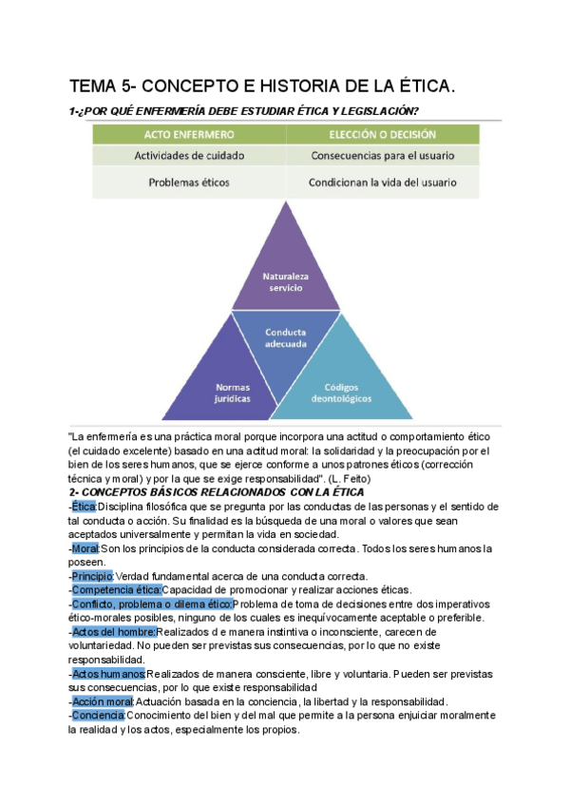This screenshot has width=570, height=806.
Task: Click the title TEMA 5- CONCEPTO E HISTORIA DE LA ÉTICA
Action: click(262, 87)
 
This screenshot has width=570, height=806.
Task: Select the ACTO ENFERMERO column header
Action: click(186, 135)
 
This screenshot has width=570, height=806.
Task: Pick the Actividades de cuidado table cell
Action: click(186, 155)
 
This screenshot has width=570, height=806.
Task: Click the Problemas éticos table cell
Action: click(186, 182)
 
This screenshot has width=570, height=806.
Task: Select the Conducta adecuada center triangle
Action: click(286, 339)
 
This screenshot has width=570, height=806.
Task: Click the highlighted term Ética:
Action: click(83, 508)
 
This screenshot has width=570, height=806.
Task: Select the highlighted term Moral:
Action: click(85, 548)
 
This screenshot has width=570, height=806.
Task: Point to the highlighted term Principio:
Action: click(91, 576)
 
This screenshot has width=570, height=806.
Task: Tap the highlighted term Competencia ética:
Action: click(117, 589)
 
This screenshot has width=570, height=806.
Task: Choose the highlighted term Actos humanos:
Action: click(108, 673)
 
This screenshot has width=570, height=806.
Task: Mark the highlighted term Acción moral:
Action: click(103, 700)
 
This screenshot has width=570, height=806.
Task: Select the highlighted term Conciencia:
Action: click(98, 715)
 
